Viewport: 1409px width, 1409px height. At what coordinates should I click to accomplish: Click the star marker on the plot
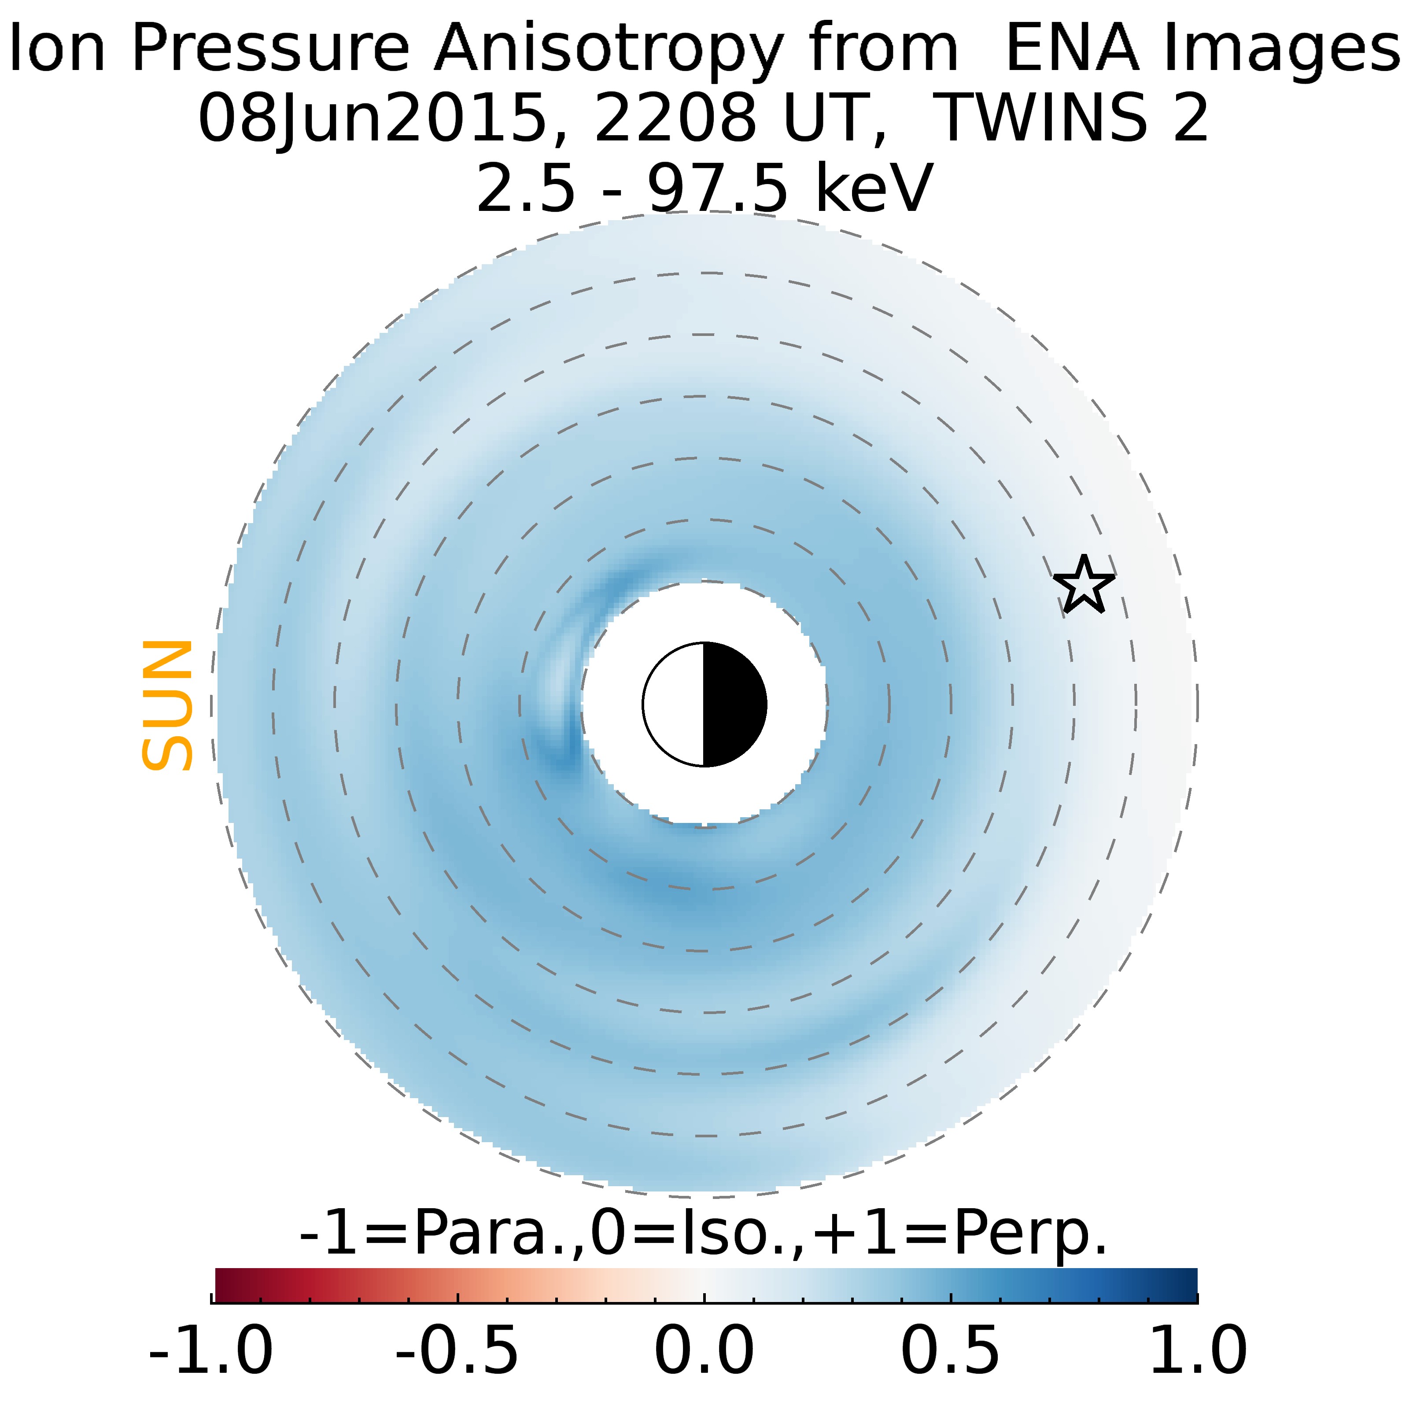1084,585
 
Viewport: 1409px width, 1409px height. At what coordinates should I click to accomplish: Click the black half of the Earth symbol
733,704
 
